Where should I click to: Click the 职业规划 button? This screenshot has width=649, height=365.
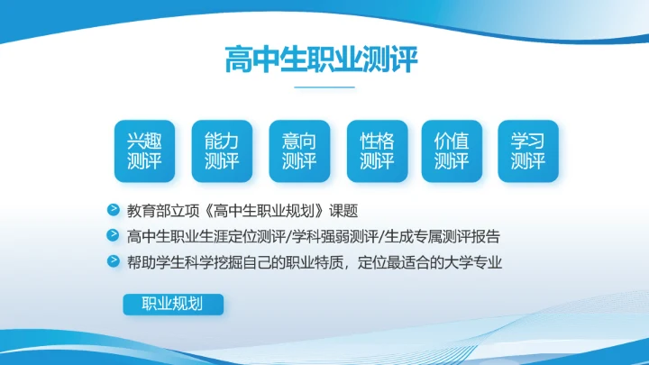(172, 304)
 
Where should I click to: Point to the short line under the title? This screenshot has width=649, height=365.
(324, 87)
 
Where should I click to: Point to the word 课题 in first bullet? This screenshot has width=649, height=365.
(343, 212)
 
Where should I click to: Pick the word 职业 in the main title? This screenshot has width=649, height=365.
(339, 59)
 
